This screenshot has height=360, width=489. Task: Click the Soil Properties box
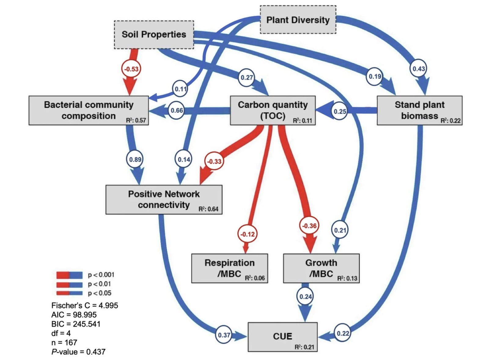tap(154, 35)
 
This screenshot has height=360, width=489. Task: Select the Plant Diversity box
tap(298, 20)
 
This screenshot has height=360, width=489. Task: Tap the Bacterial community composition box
tap(89, 110)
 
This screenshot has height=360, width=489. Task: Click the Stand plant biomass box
tap(419, 110)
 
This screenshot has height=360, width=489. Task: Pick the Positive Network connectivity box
tap(164, 200)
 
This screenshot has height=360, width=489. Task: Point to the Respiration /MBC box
tap(230, 268)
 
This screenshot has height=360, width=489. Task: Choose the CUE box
tap(282, 337)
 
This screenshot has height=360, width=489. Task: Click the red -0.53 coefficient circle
tap(131, 69)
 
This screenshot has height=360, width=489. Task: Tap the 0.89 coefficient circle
tap(135, 160)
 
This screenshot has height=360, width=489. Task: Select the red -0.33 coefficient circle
tap(214, 161)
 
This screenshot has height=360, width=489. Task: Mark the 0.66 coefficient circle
tap(177, 110)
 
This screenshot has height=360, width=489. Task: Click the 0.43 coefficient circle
tap(418, 69)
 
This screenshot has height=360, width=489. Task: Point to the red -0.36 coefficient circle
tap(309, 226)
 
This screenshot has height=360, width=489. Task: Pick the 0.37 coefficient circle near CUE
tap(224, 335)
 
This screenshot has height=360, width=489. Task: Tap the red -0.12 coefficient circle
tap(247, 234)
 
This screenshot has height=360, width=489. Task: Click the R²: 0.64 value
tap(208, 209)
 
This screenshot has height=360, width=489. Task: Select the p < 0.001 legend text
tap(101, 275)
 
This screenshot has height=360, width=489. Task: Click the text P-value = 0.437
tap(79, 352)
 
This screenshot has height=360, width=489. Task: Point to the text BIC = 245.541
tap(76, 324)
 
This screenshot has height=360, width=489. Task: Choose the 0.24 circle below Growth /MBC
tap(306, 296)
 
